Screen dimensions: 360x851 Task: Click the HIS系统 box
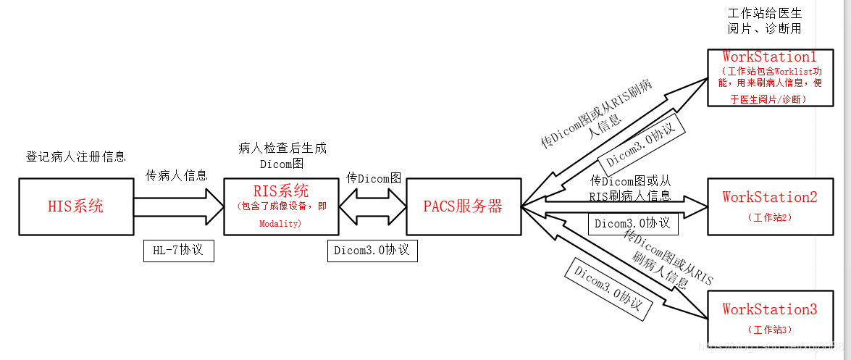pos(76,206)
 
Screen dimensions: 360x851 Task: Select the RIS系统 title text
pos(281,191)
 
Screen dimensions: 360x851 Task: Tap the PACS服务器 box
pos(463,206)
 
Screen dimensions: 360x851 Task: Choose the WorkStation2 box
pos(769,206)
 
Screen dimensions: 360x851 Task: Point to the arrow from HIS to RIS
pos(178,206)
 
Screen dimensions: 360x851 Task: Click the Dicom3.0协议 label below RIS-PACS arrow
pos(372,250)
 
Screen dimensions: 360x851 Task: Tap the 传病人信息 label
pos(177,175)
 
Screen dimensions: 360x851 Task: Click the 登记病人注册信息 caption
pos(76,156)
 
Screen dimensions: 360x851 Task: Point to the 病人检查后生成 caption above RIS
pos(282,148)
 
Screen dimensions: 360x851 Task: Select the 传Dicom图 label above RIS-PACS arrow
pos(374,177)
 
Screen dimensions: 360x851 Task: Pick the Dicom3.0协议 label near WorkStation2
pos(633,223)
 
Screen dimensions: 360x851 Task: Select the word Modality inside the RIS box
pos(280,225)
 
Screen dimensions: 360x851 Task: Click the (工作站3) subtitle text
pos(769,330)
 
